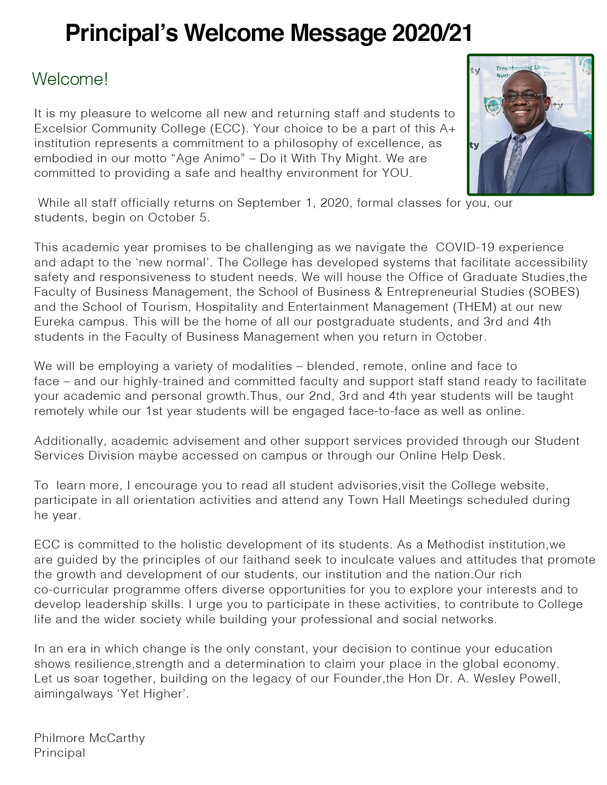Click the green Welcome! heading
pos(70,79)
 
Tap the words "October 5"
pos(178,218)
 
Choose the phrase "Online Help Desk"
pos(452,455)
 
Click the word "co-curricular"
pos(71,589)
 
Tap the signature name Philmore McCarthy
pos(90,738)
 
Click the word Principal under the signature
pos(60,753)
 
